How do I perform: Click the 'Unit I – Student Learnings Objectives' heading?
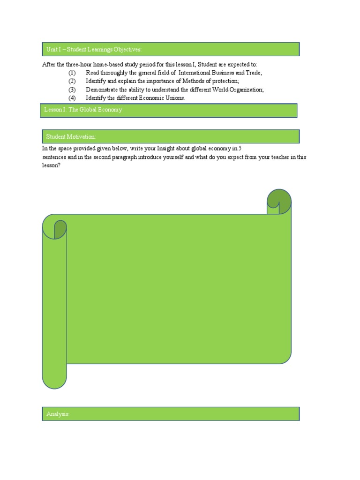click(x=94, y=49)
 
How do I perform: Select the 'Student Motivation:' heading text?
click(x=71, y=136)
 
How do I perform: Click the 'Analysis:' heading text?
click(x=58, y=414)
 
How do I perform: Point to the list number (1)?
click(x=72, y=73)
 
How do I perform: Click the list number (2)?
click(x=72, y=81)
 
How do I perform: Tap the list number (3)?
click(x=72, y=90)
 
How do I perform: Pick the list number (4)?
click(x=72, y=98)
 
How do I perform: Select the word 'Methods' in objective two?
click(x=181, y=81)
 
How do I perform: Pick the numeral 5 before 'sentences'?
click(x=240, y=148)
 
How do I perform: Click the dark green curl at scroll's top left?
click(x=60, y=229)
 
